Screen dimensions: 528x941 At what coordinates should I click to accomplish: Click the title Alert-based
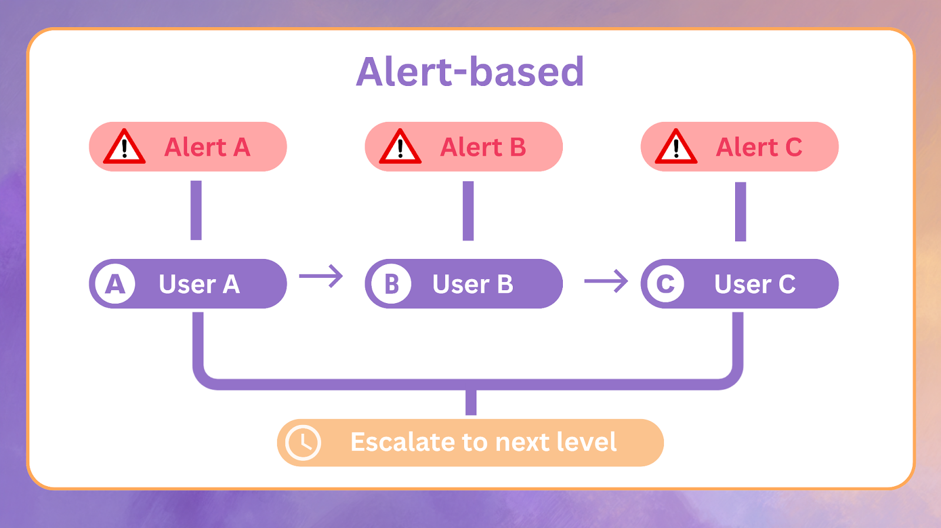coord(470,72)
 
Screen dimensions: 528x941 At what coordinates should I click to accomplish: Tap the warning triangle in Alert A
coord(124,147)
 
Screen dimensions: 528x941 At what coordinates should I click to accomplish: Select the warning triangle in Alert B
coord(400,147)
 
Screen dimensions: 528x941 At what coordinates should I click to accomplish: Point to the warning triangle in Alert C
coord(676,147)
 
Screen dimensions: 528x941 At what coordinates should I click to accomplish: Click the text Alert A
coord(207,147)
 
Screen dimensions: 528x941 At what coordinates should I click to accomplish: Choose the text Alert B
coord(483,147)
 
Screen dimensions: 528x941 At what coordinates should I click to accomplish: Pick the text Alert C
coord(759,147)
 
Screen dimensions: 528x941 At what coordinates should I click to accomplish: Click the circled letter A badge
coord(115,284)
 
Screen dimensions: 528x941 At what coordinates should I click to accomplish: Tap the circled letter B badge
coord(391,284)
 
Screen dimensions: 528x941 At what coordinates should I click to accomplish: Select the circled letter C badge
coord(665,284)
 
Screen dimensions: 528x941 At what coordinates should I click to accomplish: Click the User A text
coord(199,284)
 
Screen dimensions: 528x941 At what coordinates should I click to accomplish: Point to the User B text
coord(473,284)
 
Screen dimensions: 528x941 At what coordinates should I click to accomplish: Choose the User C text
coord(755,284)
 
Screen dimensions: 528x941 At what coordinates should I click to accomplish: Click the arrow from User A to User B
coord(321,276)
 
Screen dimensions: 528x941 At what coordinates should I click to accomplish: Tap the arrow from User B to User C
coord(606,281)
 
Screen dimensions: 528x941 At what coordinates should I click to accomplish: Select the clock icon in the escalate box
coord(303,443)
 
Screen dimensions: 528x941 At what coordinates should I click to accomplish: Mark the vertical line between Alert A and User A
coord(196,210)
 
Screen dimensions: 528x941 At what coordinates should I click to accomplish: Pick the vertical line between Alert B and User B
coord(468,211)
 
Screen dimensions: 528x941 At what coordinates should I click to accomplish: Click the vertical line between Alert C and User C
coord(740,211)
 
